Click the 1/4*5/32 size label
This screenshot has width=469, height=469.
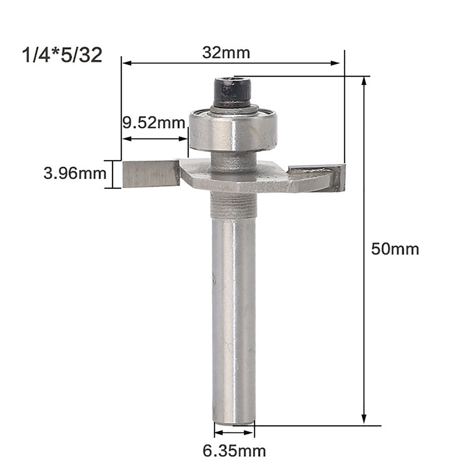[62, 56]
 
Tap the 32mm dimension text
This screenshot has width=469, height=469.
[226, 53]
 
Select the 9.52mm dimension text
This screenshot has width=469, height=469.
[153, 123]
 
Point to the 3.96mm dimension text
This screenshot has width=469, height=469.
[75, 174]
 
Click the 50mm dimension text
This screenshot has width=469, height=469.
[395, 249]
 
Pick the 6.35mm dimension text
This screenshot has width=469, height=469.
[234, 450]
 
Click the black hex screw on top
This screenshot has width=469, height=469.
[232, 91]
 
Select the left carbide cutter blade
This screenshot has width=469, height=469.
[150, 174]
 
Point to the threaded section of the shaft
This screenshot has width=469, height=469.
[234, 205]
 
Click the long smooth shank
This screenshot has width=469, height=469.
[234, 311]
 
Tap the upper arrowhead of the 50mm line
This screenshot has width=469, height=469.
[364, 82]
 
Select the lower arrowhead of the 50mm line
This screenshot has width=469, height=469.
[364, 419]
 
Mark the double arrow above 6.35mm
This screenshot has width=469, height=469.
[234, 432]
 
